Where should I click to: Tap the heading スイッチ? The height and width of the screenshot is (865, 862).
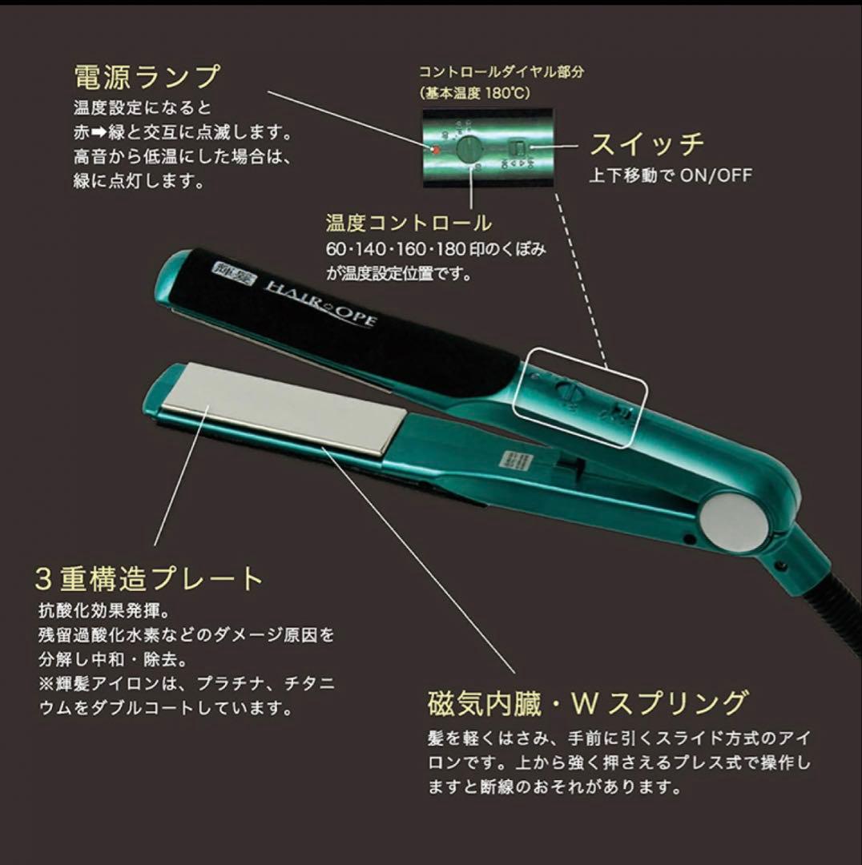[646, 144]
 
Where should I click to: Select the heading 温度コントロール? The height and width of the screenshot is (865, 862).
[409, 223]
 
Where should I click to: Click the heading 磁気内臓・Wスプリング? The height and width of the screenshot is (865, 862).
[586, 702]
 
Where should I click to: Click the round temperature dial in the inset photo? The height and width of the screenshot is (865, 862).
[468, 149]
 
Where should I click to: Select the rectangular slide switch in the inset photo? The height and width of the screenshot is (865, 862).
[518, 147]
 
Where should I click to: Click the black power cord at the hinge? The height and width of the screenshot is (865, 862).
[833, 609]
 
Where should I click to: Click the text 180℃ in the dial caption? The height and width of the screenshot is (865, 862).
[507, 92]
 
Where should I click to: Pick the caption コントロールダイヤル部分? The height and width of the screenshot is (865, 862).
[501, 71]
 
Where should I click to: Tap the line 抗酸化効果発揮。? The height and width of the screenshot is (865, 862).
[102, 611]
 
